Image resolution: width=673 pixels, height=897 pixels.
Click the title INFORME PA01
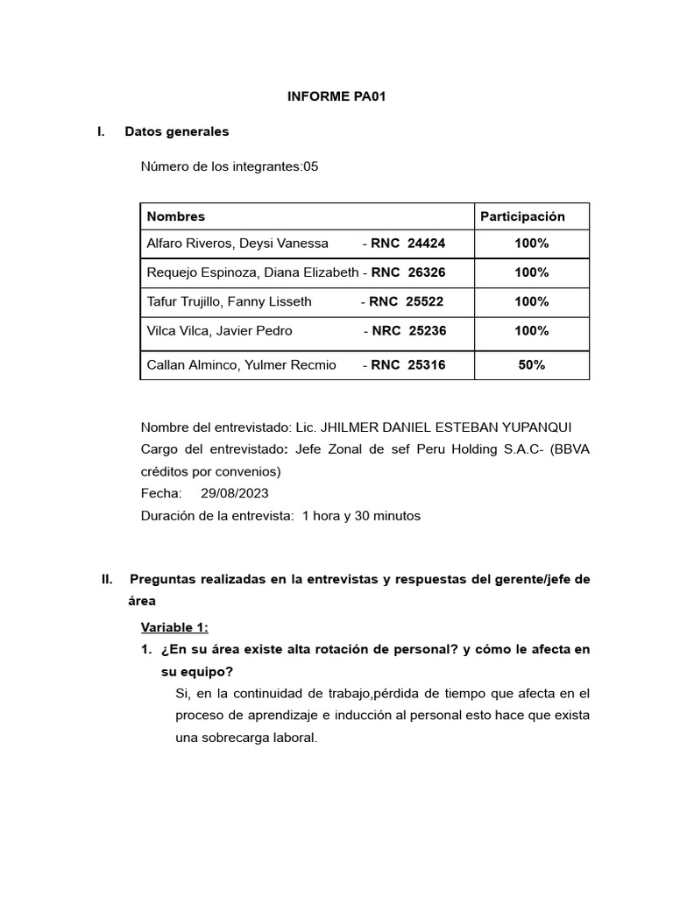click(336, 97)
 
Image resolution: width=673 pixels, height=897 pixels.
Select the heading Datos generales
click(177, 131)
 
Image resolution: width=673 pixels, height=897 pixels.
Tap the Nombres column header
click(176, 216)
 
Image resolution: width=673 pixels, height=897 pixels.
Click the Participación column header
click(522, 216)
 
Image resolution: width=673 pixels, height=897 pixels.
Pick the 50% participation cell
click(531, 365)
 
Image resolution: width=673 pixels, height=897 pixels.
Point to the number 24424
click(427, 244)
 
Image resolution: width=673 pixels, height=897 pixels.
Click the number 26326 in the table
click(427, 272)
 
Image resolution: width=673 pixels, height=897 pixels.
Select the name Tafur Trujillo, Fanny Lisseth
click(229, 301)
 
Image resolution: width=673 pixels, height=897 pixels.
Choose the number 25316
click(427, 365)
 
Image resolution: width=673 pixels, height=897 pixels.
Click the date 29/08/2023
click(234, 493)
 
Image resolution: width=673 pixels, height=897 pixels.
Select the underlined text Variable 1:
click(174, 627)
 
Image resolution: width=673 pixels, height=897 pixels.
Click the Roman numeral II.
click(108, 579)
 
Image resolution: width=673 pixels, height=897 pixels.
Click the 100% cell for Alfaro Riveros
click(531, 244)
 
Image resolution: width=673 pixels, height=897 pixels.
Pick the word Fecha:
click(161, 493)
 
